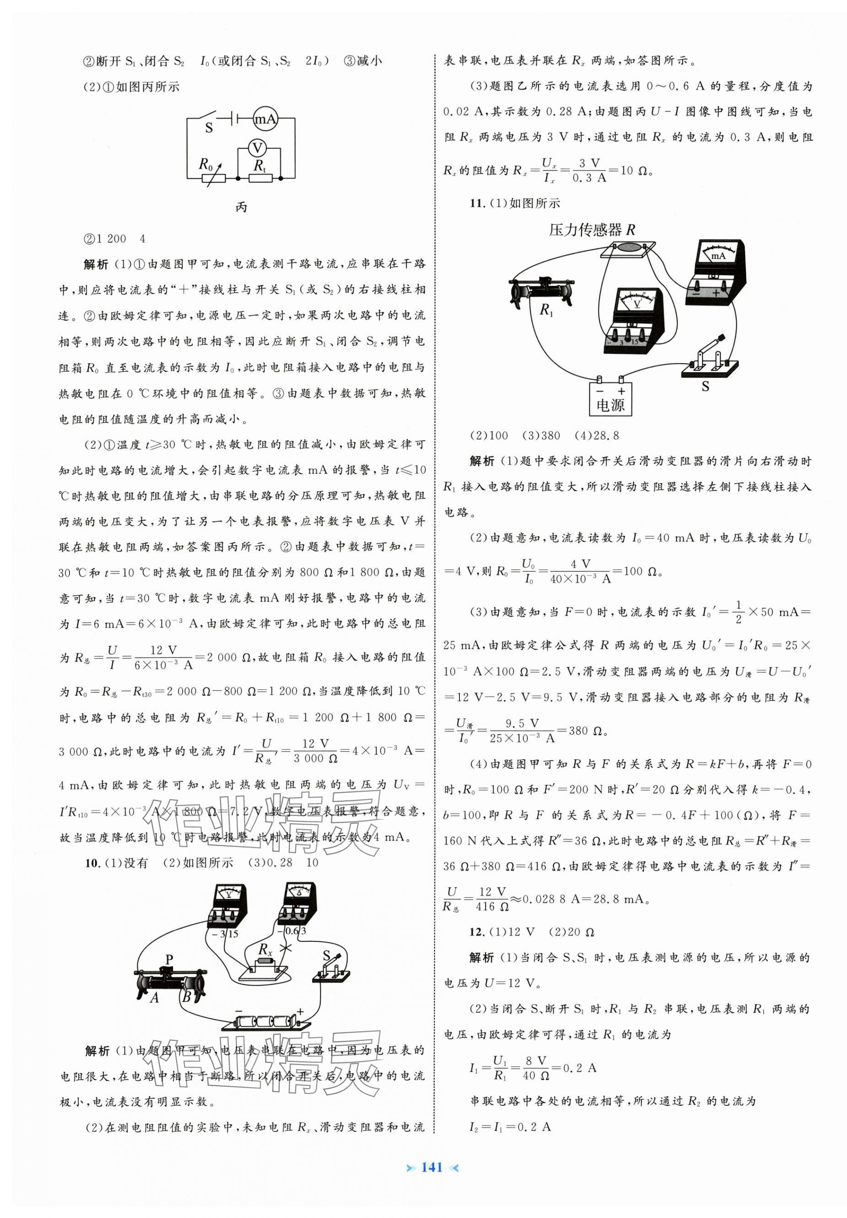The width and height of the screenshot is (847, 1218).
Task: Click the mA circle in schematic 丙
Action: (x=265, y=120)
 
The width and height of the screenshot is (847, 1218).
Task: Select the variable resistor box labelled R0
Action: (x=214, y=178)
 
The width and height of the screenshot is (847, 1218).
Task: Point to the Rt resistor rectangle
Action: (x=260, y=178)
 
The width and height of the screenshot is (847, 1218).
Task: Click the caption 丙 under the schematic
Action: (x=241, y=207)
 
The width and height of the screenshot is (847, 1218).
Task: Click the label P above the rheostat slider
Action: (x=170, y=959)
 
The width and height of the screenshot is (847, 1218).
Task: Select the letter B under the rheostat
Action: (x=187, y=997)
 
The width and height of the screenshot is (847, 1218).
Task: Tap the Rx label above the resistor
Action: (x=264, y=950)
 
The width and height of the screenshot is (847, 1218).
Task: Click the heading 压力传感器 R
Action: (x=592, y=230)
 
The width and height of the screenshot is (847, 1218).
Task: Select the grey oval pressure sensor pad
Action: (x=628, y=247)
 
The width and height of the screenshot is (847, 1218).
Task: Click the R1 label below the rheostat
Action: (x=546, y=310)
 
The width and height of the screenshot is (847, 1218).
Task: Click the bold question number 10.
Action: (x=92, y=863)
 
